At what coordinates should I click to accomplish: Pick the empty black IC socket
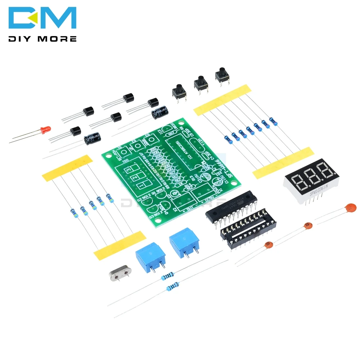[x=248, y=229]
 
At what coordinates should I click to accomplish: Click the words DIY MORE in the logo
[x=43, y=39]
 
